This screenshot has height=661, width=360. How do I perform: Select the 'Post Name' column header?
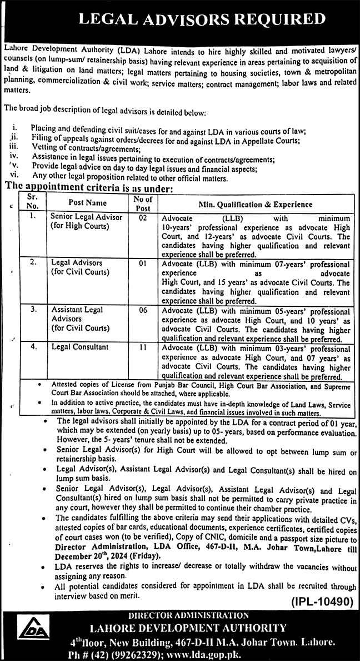[88, 203]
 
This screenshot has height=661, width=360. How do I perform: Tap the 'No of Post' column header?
[143, 203]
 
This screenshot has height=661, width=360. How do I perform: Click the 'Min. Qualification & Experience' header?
[252, 204]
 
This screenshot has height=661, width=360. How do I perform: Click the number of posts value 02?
[143, 218]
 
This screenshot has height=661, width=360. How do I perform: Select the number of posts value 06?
[143, 310]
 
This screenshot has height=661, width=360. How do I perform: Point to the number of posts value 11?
[143, 347]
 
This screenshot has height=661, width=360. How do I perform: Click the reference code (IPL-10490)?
[321, 600]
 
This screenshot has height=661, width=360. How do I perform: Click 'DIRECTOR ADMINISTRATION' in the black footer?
[189, 615]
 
